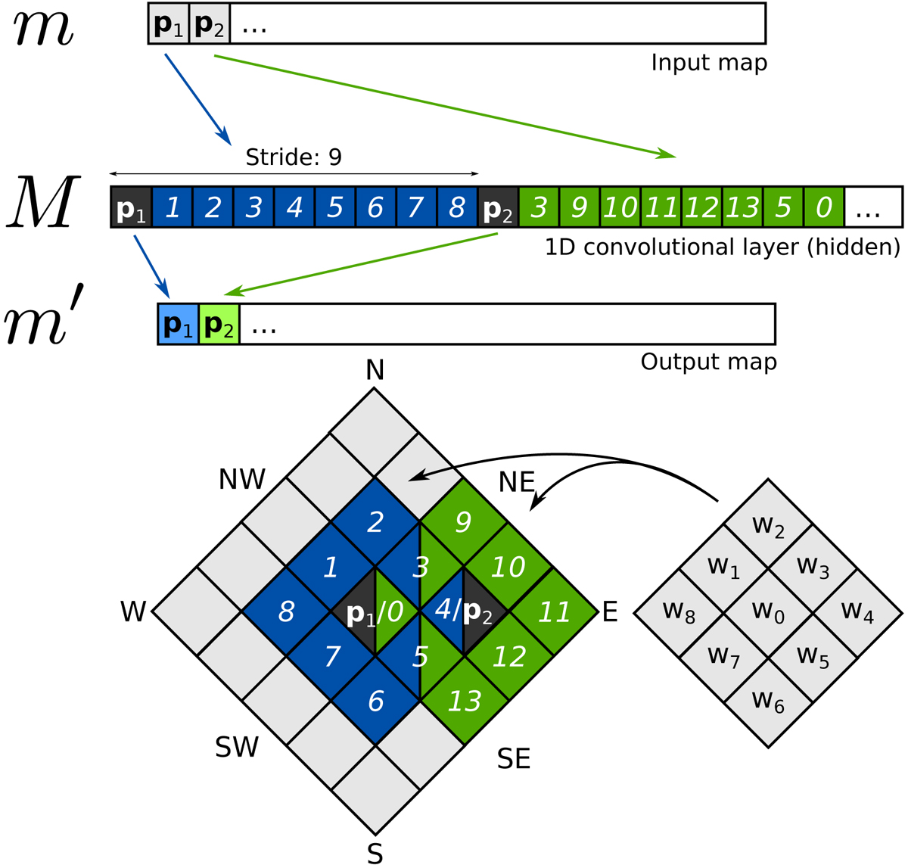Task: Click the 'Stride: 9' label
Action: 294,157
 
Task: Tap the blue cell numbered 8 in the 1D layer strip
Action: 456,207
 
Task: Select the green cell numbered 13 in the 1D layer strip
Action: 742,207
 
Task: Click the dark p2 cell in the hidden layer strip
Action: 498,207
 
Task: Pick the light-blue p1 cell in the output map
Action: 179,325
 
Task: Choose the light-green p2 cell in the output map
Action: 219,325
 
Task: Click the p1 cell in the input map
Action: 169,24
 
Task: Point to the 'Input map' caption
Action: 709,63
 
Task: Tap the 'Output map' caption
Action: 708,362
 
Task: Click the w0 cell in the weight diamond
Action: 768,612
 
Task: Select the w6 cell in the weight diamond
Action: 768,702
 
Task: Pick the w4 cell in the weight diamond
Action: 857,612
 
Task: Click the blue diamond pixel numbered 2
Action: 375,522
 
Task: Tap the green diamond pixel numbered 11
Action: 554,611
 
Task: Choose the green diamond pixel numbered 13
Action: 465,702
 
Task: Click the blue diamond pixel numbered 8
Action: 286,611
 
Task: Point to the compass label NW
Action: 242,479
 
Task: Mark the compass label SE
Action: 514,758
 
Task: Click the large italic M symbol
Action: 44,203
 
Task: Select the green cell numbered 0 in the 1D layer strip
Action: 824,207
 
